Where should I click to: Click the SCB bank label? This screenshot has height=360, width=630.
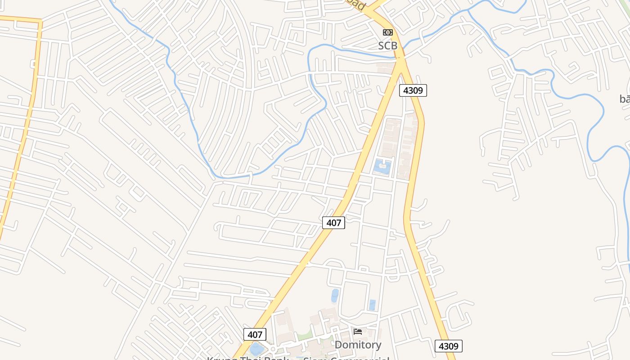point(387,45)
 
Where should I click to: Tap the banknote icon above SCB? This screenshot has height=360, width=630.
point(387,32)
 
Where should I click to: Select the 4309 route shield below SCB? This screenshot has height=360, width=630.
point(413,90)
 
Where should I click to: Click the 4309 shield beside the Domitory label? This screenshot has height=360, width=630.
point(448,346)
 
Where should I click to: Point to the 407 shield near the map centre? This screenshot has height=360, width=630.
point(333,222)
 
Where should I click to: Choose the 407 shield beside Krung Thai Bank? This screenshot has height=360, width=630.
point(255,334)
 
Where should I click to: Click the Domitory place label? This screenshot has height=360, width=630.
point(358,345)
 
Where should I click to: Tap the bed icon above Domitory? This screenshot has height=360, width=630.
point(358,332)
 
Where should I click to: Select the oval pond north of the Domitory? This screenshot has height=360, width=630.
point(335,296)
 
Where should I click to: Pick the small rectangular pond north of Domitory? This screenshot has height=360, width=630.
point(372,305)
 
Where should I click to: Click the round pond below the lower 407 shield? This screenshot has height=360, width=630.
point(256,349)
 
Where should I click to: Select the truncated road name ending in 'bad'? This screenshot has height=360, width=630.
point(356,4)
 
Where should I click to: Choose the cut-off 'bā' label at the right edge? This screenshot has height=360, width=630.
point(625,99)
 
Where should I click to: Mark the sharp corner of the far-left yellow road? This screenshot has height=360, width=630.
point(40,21)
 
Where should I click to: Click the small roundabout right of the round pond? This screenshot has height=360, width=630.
point(272,349)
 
